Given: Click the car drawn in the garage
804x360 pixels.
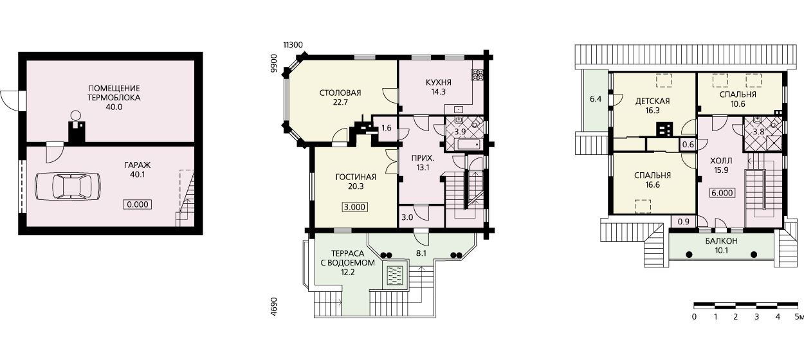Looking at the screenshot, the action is (68, 186).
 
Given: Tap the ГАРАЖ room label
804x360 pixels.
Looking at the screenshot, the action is (138, 165).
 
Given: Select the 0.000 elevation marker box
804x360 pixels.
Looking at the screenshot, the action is (138, 204).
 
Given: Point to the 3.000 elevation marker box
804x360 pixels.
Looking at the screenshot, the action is (354, 207).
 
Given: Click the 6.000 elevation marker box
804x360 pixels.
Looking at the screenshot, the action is (722, 193).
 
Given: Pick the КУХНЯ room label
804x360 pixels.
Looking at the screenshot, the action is (439, 82).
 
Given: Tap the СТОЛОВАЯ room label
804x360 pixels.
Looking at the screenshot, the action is (340, 93).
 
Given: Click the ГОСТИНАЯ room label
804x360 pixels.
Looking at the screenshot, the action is (356, 177).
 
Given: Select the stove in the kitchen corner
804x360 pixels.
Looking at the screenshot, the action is (478, 75).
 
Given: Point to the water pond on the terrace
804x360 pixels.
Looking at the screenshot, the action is (396, 276).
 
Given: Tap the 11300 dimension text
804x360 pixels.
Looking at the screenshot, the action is (293, 45).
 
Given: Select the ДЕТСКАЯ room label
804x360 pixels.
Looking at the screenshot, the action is (653, 102).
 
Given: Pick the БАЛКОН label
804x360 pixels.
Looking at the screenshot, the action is (722, 241).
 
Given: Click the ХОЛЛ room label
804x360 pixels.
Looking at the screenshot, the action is (721, 161).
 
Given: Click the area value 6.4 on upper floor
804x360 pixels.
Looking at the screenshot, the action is (596, 98).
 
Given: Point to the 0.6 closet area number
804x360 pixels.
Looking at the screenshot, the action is (688, 145).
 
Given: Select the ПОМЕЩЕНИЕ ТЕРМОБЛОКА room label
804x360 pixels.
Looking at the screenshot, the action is (114, 93).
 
